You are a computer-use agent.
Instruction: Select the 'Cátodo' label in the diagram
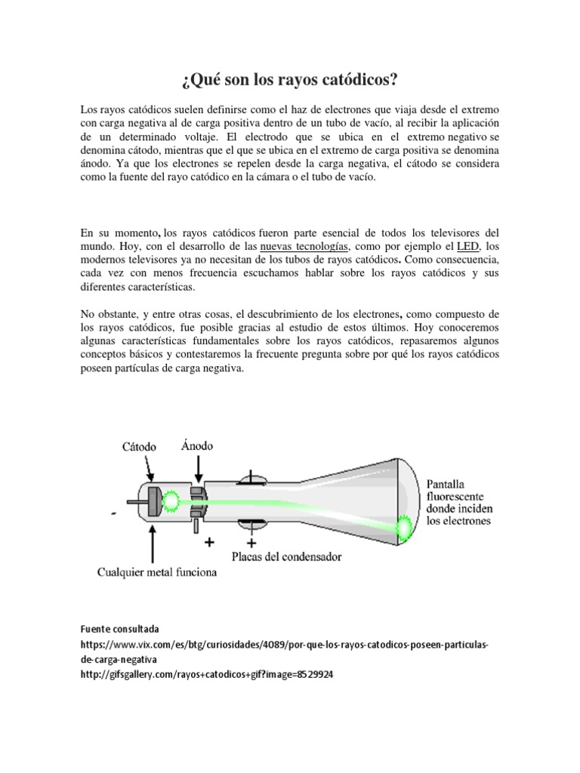(139, 447)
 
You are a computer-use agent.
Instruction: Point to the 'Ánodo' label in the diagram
(198, 445)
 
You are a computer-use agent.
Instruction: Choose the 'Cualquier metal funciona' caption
(157, 572)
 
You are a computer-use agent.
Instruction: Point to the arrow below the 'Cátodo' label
(151, 470)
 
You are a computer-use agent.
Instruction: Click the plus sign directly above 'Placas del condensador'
(251, 542)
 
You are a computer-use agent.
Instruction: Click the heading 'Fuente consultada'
(116, 628)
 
